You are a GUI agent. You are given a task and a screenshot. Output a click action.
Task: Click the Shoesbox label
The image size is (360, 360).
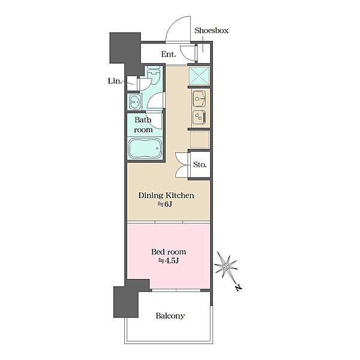pyautogui.click(x=211, y=31)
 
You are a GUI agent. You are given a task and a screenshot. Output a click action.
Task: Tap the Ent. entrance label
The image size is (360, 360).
pyautogui.click(x=169, y=54)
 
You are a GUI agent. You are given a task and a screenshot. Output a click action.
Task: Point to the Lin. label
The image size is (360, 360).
pyautogui.click(x=115, y=81)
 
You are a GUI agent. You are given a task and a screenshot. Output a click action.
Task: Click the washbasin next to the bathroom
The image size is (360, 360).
pyautogui.click(x=134, y=101)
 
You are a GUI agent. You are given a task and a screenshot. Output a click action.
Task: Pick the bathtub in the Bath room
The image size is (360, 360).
pyautogui.click(x=145, y=148)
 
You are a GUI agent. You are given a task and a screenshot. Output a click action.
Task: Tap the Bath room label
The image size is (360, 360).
pyautogui.click(x=143, y=125)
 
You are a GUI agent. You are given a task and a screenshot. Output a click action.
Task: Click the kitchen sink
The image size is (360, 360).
pyautogui.click(x=199, y=99)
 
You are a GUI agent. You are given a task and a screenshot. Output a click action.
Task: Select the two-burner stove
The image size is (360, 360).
pyautogui.click(x=199, y=118)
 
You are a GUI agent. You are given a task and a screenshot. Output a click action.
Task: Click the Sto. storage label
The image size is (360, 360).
pyautogui.click(x=200, y=164)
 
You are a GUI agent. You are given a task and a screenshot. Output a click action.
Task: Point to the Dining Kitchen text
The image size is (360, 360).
pyautogui.click(x=166, y=196)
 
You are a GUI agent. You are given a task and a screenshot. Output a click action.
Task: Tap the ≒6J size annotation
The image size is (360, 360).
pyautogui.click(x=164, y=204)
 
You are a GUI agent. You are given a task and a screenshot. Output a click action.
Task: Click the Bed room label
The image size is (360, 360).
pyautogui.click(x=169, y=252)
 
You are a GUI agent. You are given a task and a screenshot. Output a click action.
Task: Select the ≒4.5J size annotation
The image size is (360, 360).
pyautogui.click(x=168, y=261)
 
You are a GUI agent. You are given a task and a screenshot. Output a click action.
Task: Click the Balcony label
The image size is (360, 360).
pyautogui.click(x=170, y=316)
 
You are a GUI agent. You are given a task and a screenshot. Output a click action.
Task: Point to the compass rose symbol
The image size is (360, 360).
pyautogui.click(x=226, y=266)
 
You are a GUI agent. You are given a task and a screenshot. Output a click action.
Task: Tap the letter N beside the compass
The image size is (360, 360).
pyautogui.click(x=239, y=287)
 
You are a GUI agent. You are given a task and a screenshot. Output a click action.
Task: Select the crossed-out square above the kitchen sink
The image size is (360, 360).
pyautogui.click(x=199, y=76)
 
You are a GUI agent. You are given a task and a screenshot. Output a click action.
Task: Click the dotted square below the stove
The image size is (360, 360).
pyautogui.click(x=200, y=139)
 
